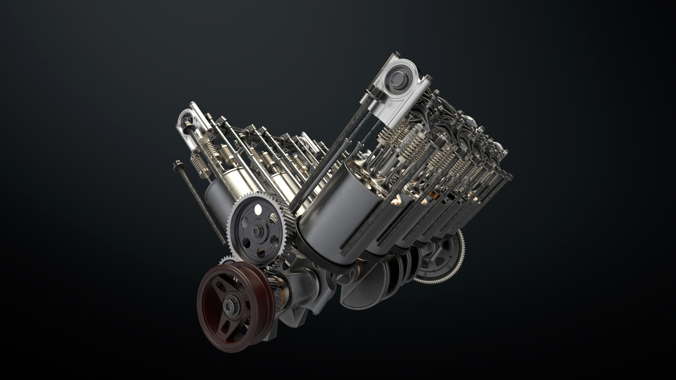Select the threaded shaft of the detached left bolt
(204, 208)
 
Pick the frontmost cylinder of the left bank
(218, 197)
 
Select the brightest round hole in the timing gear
(257, 210)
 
